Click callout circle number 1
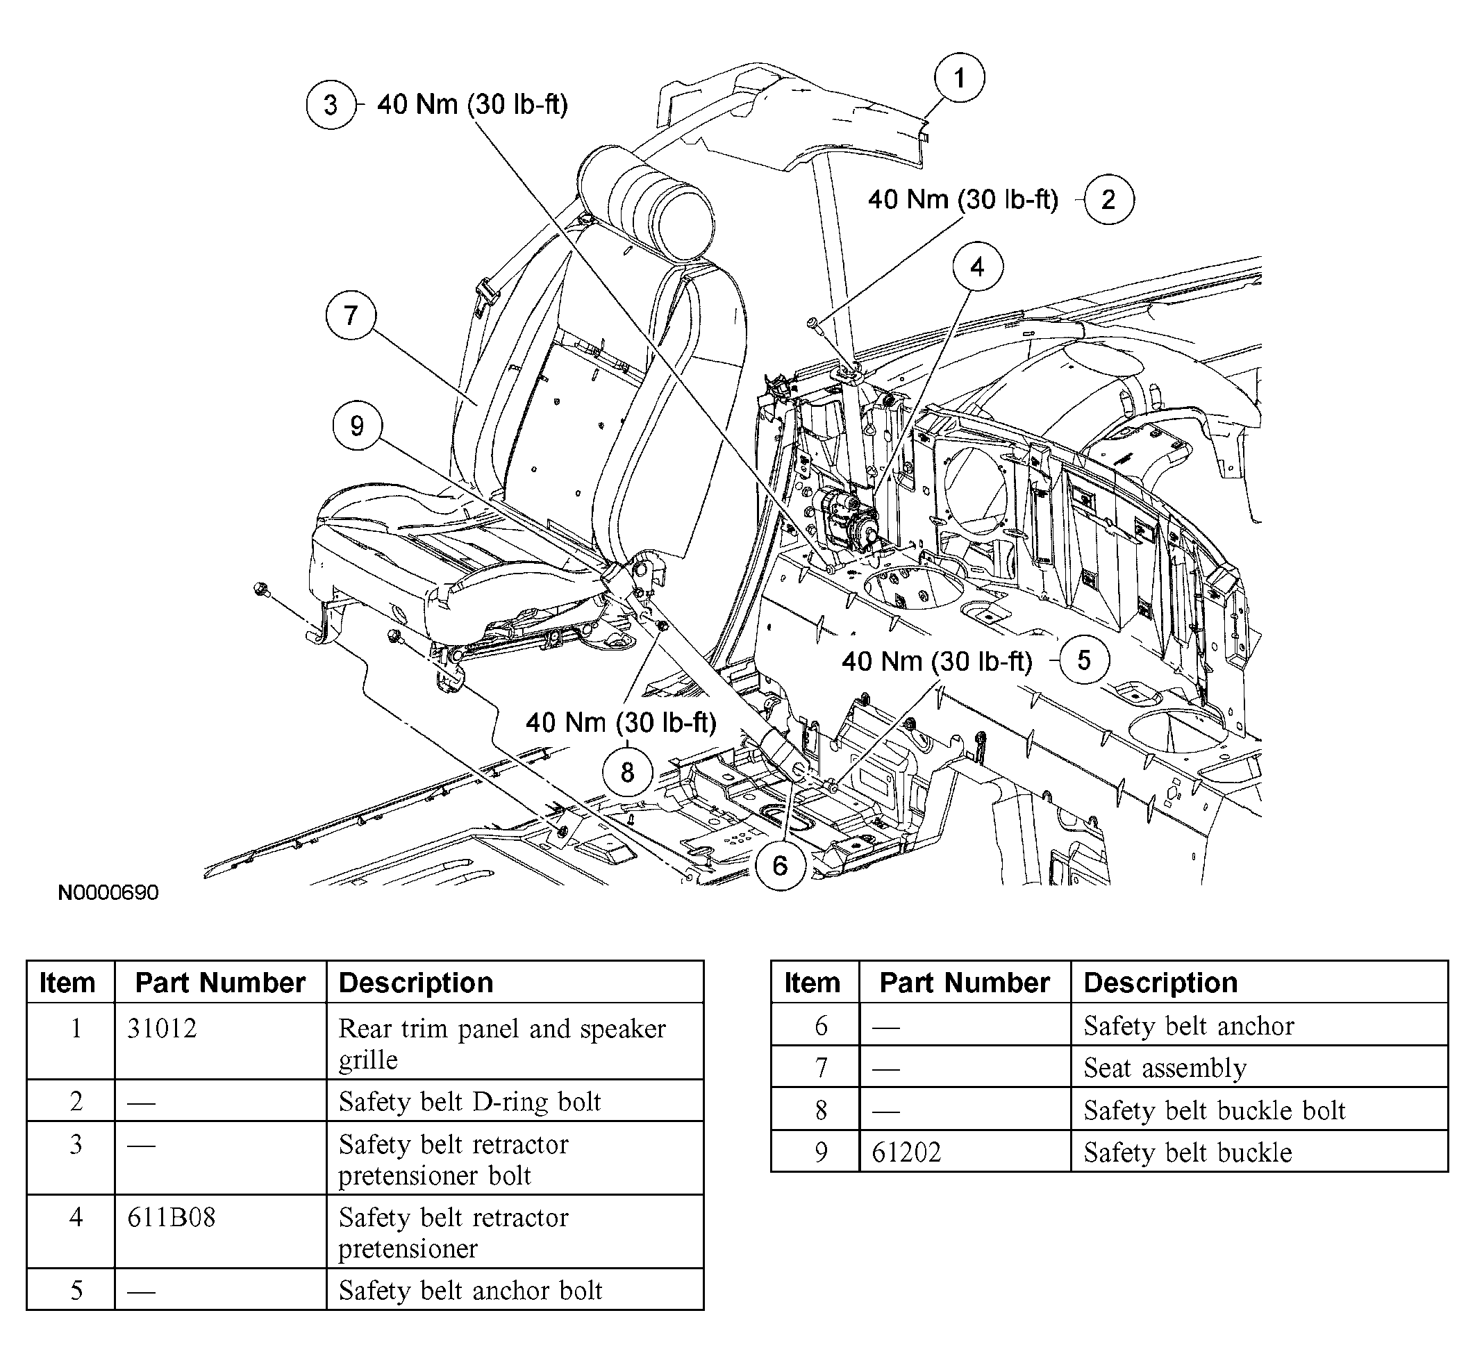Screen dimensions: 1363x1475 tap(959, 78)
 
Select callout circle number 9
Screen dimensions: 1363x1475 tap(357, 426)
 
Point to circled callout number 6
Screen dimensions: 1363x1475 tap(781, 865)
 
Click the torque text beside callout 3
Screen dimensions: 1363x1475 tap(472, 105)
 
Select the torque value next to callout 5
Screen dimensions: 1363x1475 tap(937, 662)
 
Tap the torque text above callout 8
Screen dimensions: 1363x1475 tap(621, 723)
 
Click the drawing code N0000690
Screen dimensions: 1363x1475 tap(108, 892)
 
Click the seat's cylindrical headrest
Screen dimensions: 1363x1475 tap(647, 202)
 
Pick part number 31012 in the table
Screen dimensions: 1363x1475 tap(162, 1028)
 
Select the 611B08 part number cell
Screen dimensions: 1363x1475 tap(171, 1217)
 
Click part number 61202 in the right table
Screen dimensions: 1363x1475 tap(906, 1152)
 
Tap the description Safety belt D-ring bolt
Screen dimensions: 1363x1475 tap(469, 1101)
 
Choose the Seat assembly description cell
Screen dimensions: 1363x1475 tap(1165, 1067)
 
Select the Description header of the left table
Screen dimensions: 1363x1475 tap(416, 982)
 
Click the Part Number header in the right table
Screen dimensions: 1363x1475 tap(965, 982)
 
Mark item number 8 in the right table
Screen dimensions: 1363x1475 tap(821, 1110)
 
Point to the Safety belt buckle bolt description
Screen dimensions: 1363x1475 tap(1215, 1110)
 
